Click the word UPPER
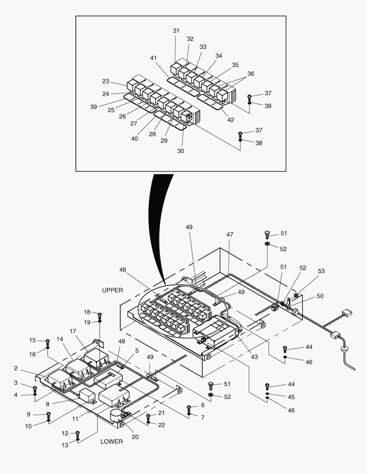click(112, 290)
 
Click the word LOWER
click(111, 441)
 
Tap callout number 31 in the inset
click(176, 31)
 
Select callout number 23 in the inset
click(106, 81)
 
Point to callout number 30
click(181, 151)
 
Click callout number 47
click(230, 235)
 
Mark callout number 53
click(321, 271)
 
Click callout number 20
click(135, 437)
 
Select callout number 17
click(73, 331)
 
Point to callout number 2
click(16, 368)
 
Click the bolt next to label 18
click(100, 314)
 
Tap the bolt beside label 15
click(47, 341)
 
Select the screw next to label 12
click(78, 434)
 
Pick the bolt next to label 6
click(189, 407)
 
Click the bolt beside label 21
click(148, 416)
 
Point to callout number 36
click(250, 74)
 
